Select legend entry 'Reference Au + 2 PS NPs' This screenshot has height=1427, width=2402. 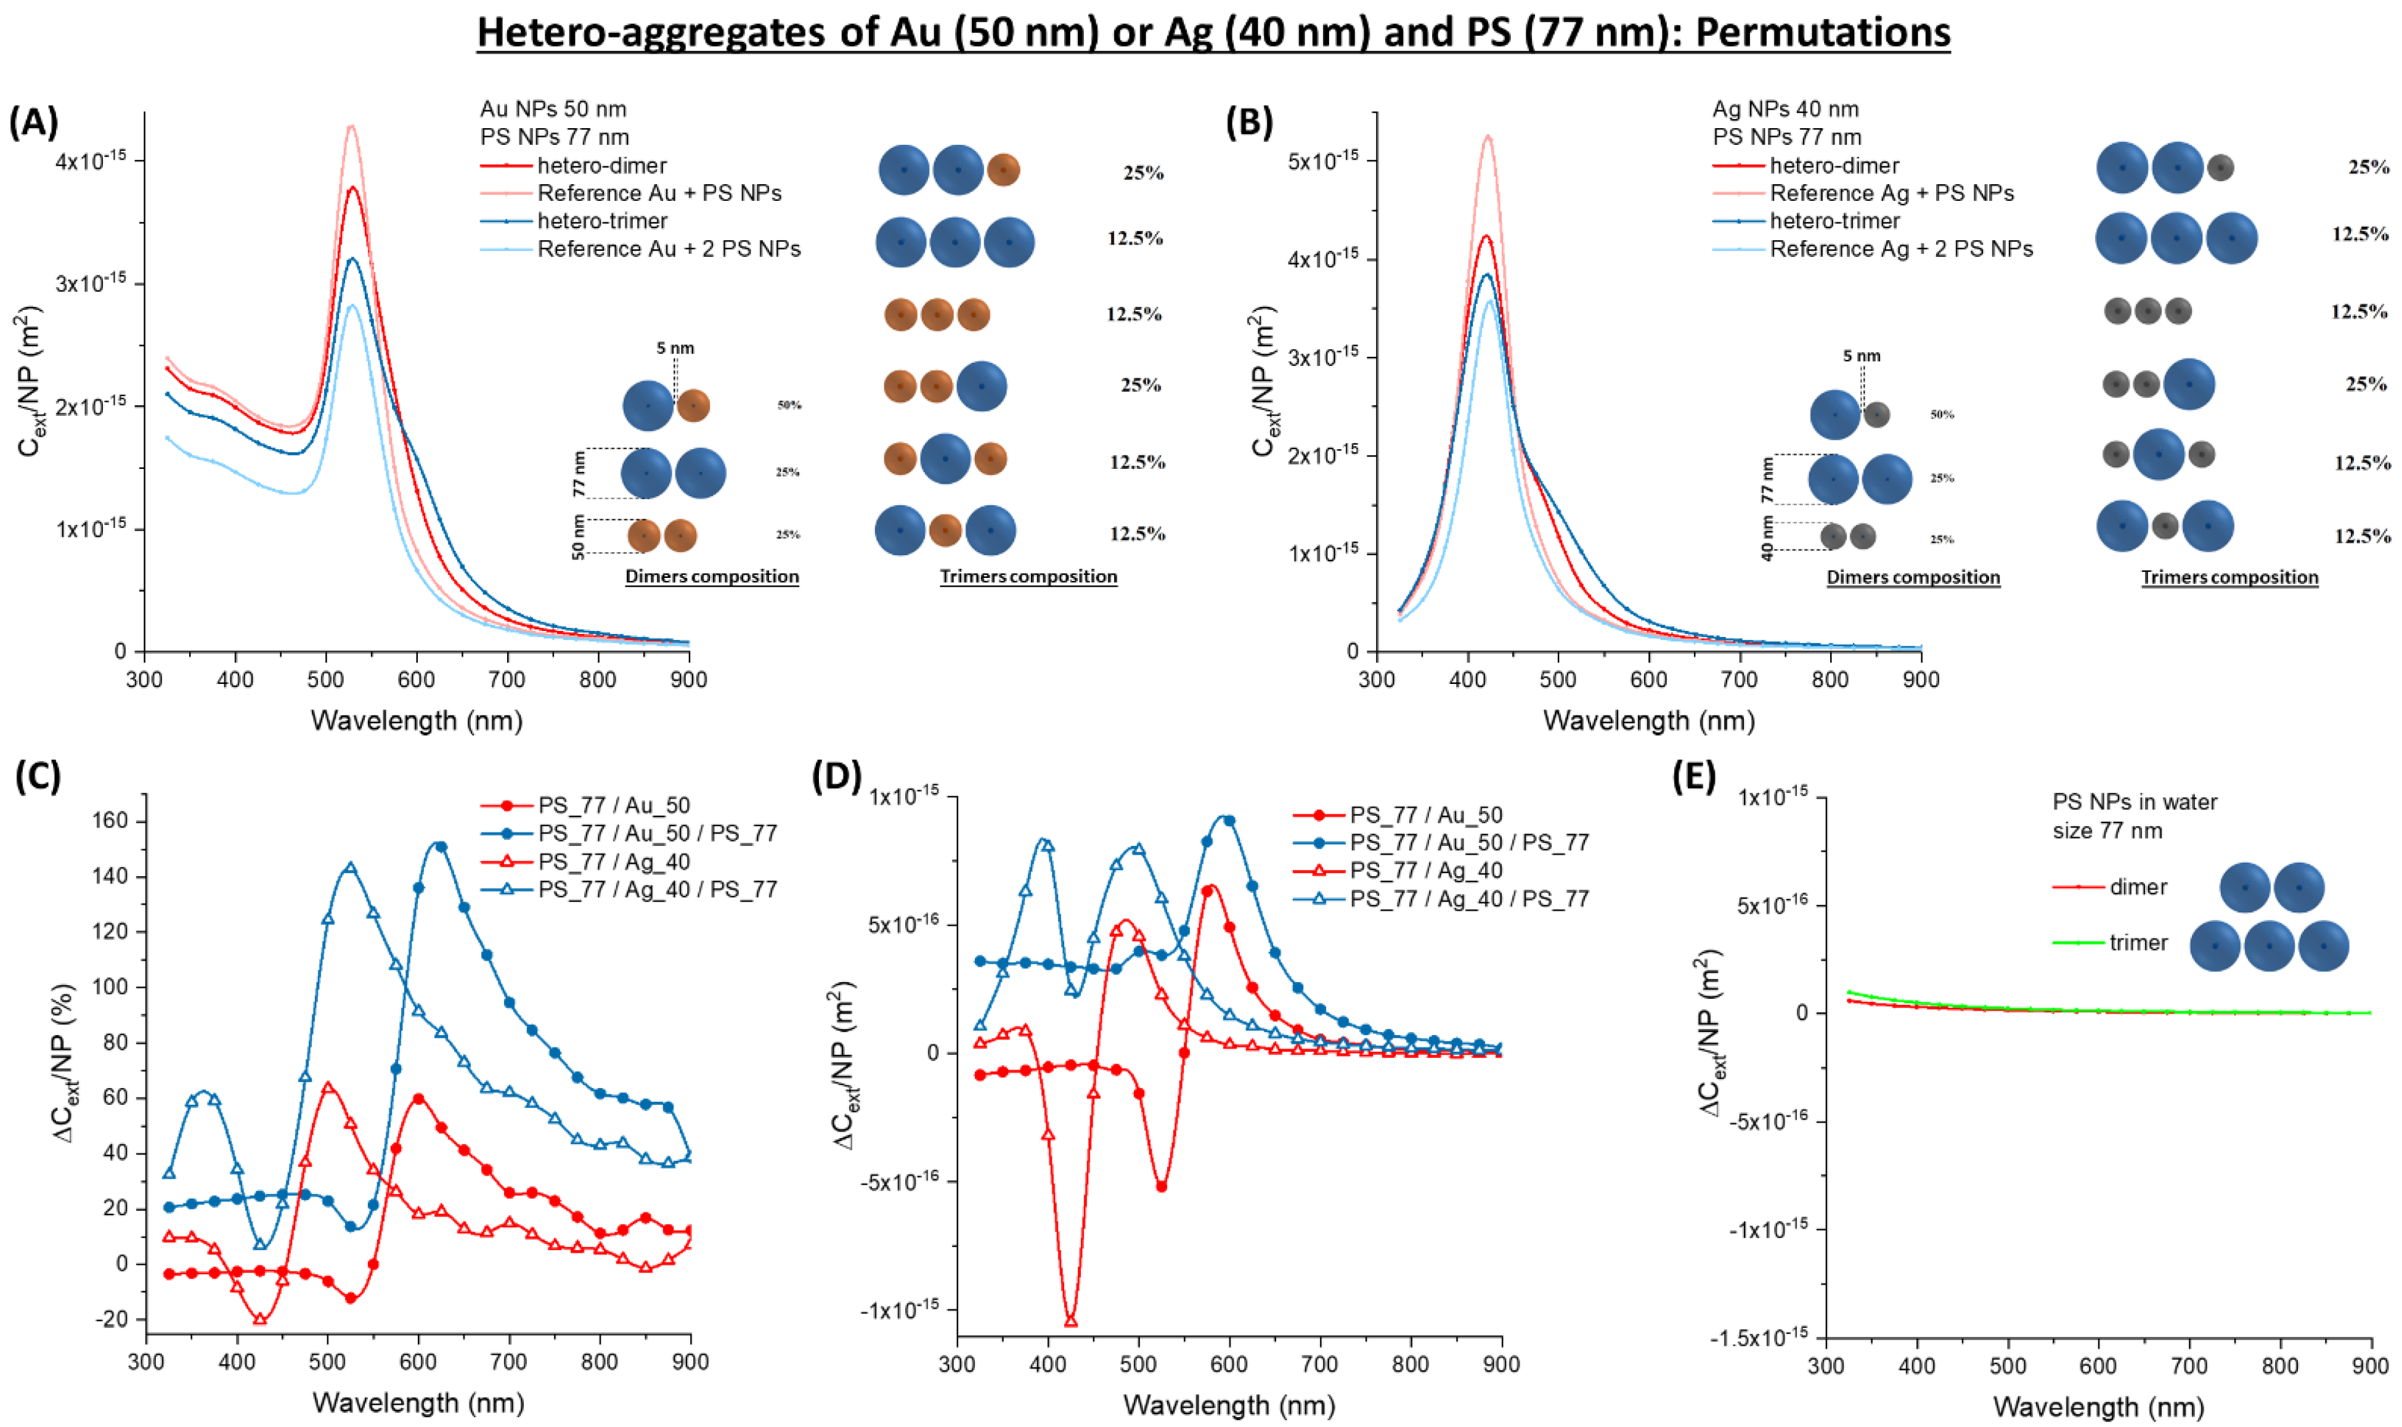[669, 249]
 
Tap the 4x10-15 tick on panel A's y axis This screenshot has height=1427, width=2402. [91, 161]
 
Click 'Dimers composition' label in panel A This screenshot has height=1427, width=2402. [712, 576]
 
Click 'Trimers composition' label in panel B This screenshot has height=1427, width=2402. [2229, 577]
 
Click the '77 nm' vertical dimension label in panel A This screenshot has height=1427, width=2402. [579, 474]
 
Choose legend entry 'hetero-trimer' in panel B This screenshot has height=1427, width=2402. [1834, 221]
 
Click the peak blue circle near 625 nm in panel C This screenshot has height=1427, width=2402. [441, 846]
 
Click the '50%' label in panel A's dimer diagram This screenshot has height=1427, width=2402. [789, 405]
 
